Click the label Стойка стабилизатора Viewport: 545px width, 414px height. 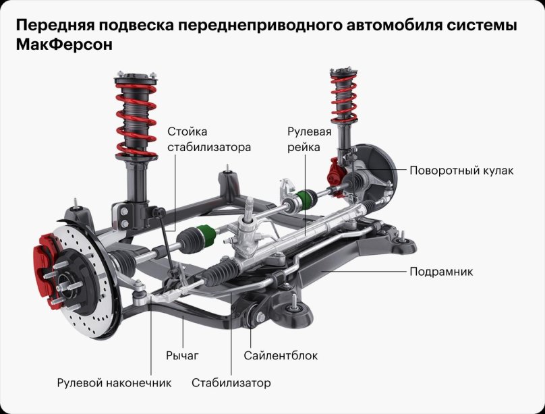point(208,139)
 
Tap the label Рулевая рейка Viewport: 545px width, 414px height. point(309,139)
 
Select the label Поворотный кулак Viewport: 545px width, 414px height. point(461,171)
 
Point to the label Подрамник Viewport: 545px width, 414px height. point(441,272)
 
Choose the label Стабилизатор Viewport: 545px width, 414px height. point(231,383)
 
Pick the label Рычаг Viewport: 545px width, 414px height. point(183,355)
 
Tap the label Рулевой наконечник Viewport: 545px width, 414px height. point(114,383)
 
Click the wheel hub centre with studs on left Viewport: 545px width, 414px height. point(63,283)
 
